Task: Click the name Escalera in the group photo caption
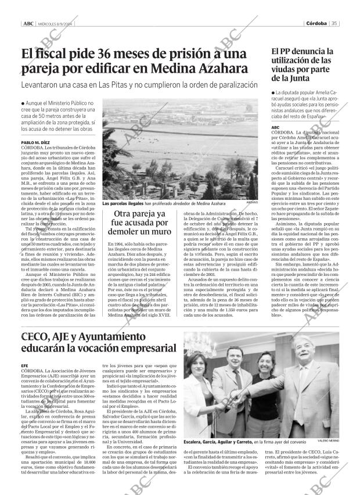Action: point(195,442)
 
